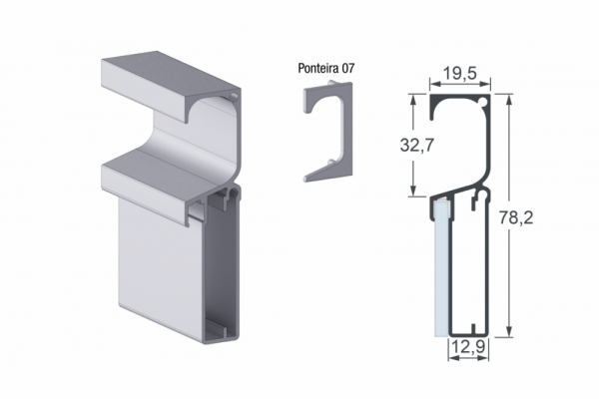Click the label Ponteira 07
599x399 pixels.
[x=326, y=69]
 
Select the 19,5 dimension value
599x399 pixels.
[x=460, y=73]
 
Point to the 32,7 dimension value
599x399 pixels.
[x=417, y=145]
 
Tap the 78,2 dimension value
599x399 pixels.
[x=516, y=218]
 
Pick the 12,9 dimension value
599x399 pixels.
[x=468, y=347]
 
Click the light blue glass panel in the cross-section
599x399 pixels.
[x=441, y=267]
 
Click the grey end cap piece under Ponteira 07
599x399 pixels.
[x=328, y=131]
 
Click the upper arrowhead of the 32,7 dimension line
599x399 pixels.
[x=413, y=100]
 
